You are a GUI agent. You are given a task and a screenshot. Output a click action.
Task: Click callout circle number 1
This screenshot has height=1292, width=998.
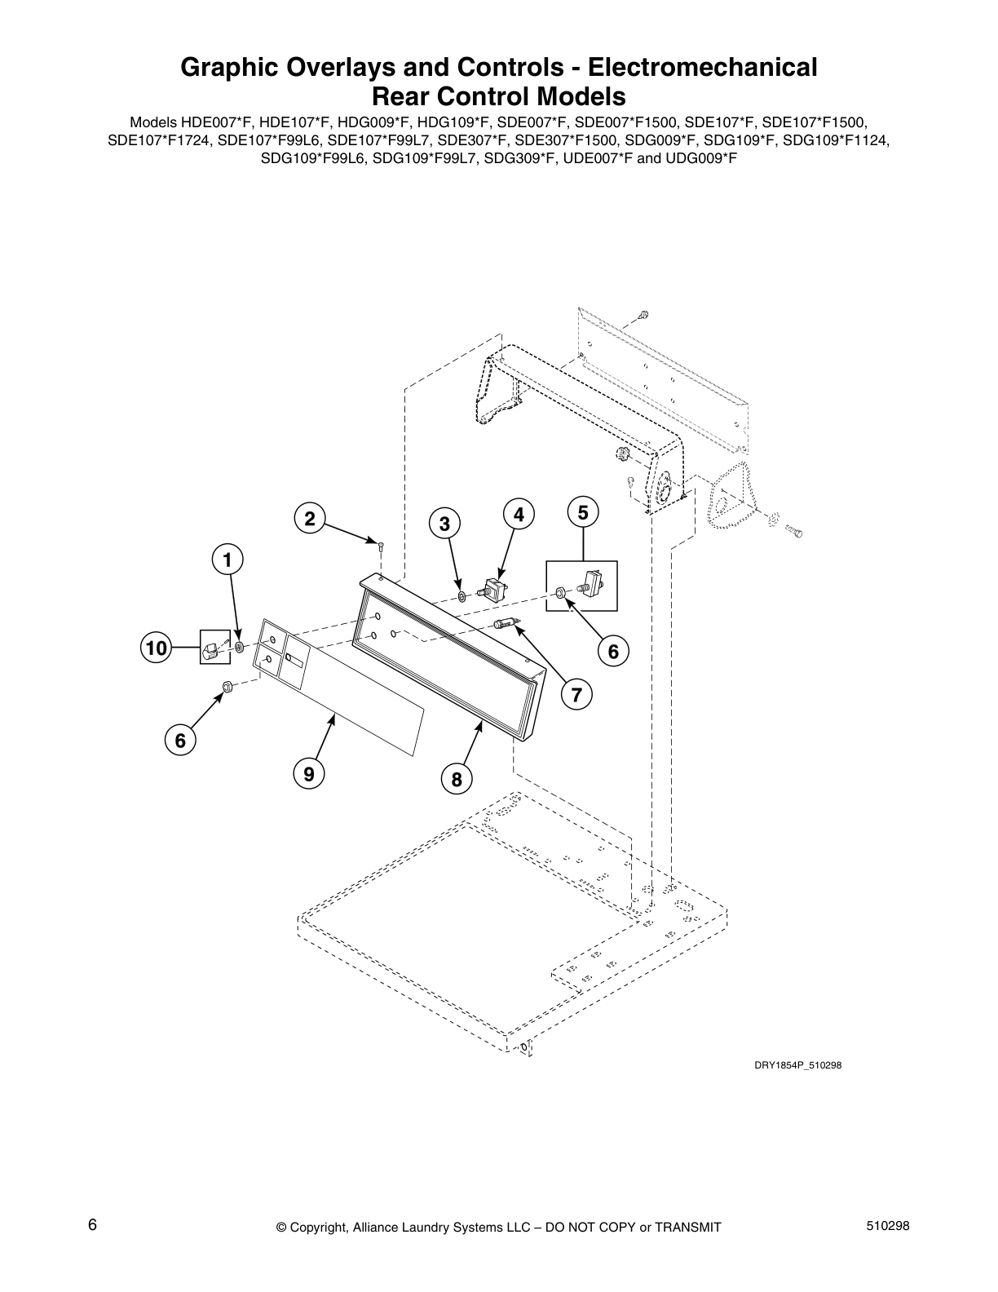227,560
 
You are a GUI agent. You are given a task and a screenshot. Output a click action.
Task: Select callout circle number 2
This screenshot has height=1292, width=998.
309,519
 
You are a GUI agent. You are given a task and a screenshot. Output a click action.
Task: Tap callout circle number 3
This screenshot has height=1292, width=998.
444,524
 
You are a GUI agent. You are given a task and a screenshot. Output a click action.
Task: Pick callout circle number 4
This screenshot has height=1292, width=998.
519,514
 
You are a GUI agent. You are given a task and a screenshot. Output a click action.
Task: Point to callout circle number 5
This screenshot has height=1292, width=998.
583,512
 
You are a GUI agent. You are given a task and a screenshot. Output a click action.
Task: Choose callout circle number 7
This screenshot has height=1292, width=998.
576,695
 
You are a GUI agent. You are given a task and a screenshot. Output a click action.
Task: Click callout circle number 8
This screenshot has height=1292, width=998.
457,779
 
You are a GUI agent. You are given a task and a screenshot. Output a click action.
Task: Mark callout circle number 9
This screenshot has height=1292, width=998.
309,772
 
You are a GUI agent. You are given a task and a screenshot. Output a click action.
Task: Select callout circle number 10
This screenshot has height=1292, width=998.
155,648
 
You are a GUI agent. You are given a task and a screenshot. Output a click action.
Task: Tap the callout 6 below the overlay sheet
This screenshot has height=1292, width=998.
180,740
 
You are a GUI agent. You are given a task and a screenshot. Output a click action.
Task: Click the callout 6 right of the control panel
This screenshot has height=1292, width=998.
613,650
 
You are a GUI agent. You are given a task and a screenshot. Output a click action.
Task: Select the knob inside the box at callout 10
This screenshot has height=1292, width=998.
210,650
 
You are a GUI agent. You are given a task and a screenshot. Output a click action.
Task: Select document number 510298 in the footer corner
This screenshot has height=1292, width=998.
890,1226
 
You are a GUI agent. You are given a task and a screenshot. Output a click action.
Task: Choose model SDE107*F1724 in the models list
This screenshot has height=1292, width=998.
160,140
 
